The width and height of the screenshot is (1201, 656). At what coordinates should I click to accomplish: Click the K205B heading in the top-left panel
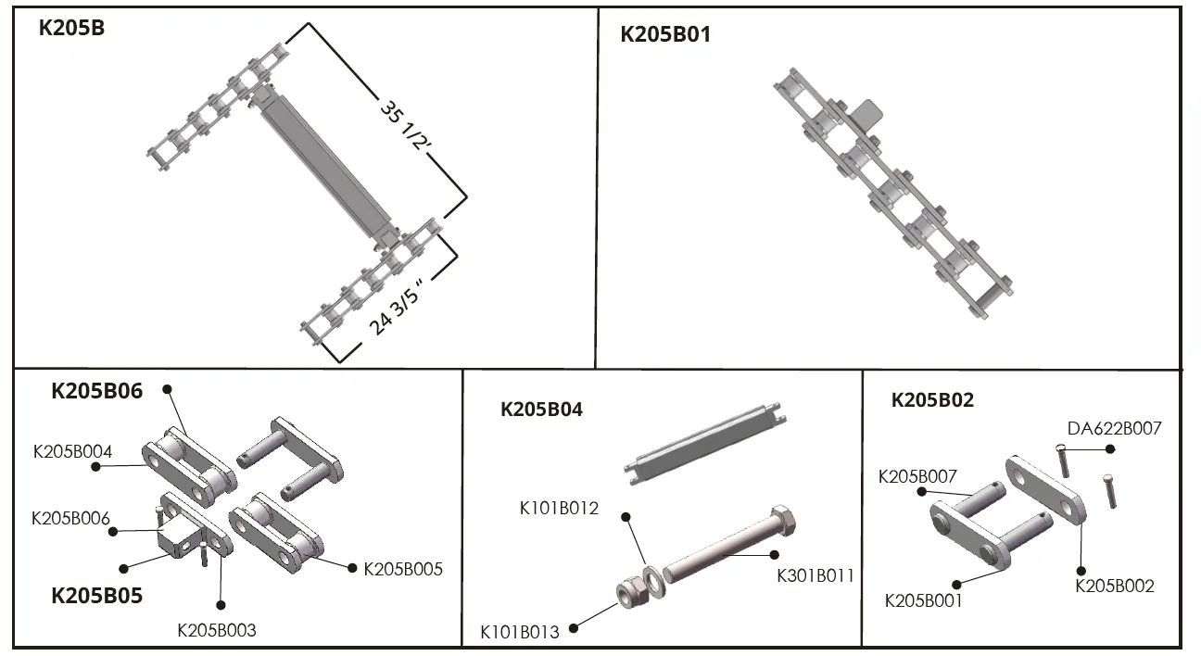click(71, 28)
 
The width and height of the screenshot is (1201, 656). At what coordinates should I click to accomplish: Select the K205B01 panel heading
click(665, 35)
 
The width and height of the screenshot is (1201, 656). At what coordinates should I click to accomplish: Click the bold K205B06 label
click(96, 391)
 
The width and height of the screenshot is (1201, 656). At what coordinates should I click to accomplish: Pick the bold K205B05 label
click(96, 596)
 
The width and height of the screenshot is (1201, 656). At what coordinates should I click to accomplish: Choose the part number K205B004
click(72, 452)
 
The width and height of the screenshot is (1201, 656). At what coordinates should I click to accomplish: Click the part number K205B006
click(71, 517)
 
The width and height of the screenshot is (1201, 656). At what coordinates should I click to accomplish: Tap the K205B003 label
click(216, 630)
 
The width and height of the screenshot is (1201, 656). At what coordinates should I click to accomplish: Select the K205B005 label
click(403, 569)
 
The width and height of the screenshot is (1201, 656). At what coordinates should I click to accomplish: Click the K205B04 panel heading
click(541, 410)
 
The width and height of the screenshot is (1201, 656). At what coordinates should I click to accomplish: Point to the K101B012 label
click(558, 508)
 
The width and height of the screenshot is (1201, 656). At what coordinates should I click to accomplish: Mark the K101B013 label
click(519, 633)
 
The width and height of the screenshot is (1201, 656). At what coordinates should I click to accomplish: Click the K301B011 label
click(815, 576)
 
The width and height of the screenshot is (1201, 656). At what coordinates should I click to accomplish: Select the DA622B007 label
click(1114, 428)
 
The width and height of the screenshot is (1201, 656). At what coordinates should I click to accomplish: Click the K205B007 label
click(917, 477)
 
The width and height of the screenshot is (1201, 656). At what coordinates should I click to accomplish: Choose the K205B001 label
click(924, 600)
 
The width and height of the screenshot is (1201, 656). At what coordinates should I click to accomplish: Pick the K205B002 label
click(1115, 586)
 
